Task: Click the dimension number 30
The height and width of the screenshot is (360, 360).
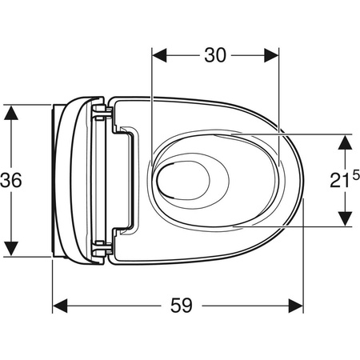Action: coord(215,55)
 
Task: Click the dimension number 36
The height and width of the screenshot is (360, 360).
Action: coord(11,180)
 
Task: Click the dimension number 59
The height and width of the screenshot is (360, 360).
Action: coord(182,306)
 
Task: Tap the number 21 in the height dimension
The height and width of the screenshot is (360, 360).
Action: coord(339,180)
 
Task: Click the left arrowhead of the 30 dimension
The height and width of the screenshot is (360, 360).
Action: coord(159,55)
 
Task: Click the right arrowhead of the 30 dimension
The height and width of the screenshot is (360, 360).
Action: coord(271,55)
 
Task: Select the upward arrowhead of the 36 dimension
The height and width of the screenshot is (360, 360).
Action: coord(11,113)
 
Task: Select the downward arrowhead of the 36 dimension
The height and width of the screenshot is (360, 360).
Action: coord(11,249)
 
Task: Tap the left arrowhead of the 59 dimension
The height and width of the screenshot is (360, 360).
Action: coord(60,306)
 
